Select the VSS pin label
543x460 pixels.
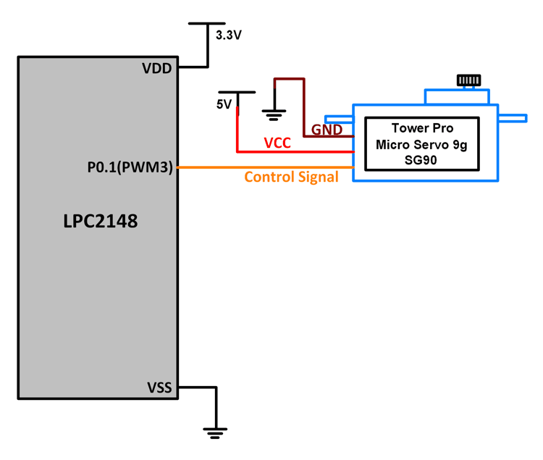(158, 388)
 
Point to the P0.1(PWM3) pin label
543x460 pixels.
(130, 168)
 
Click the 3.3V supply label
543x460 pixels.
(229, 35)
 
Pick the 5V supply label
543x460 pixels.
(224, 104)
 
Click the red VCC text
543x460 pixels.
(277, 143)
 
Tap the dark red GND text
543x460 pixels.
(327, 130)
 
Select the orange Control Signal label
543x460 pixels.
(291, 177)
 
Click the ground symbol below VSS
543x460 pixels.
(215, 432)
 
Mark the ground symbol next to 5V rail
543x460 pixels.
(274, 113)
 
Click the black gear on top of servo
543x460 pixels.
(469, 80)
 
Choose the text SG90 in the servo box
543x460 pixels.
(421, 160)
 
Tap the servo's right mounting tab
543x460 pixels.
(512, 118)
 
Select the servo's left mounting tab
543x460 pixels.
(338, 119)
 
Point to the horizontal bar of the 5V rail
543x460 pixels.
(237, 92)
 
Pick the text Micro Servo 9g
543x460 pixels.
(421, 144)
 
